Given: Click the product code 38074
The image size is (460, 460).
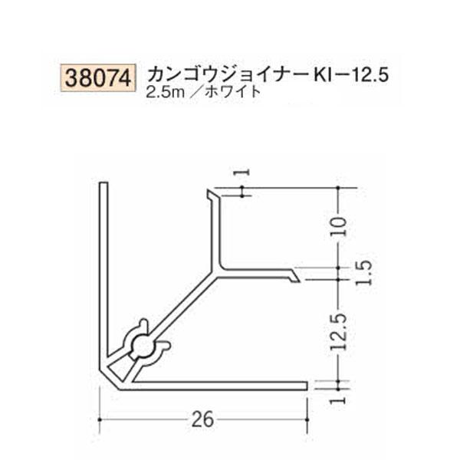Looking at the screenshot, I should click(97, 77).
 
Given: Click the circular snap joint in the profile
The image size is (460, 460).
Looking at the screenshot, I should click(143, 347).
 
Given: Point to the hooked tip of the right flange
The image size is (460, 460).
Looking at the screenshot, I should click(294, 276).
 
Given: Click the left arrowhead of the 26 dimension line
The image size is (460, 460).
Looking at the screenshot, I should click(103, 419).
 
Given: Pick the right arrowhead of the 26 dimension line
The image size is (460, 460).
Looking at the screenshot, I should click(306, 419).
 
